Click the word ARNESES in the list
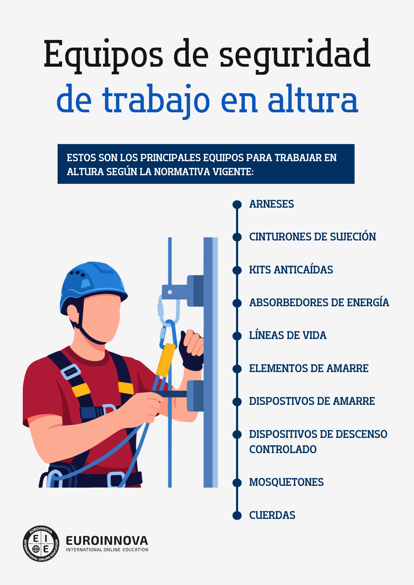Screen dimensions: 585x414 [x=271, y=204]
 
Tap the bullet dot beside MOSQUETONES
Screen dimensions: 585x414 [x=237, y=482]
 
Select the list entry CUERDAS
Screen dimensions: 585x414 [x=272, y=515]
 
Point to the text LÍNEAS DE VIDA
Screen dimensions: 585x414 [x=288, y=335]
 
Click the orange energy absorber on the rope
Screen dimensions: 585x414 [x=166, y=360]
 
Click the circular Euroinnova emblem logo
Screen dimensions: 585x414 [x=41, y=544]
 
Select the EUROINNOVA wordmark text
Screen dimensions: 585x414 [x=107, y=541]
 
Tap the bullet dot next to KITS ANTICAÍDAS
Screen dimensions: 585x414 [x=237, y=270]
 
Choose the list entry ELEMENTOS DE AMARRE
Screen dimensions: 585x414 [x=309, y=369]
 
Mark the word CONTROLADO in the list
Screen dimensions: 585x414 [x=283, y=450]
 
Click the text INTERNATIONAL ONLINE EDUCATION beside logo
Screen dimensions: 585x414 [x=107, y=550]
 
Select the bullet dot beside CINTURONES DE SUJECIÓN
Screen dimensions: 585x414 [x=237, y=237]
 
